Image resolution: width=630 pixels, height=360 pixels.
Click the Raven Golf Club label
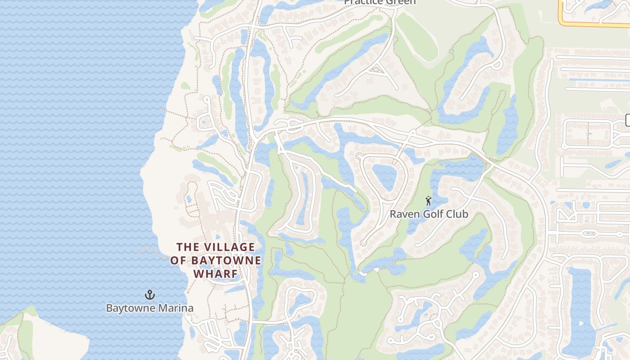428,214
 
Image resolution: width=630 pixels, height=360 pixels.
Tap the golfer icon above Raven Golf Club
428,201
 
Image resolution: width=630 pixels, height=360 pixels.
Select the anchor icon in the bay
149,295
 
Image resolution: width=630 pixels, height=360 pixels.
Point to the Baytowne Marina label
149,308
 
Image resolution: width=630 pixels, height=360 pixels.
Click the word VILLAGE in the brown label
229,247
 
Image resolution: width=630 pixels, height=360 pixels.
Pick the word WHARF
216,274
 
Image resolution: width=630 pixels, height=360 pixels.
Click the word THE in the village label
187,247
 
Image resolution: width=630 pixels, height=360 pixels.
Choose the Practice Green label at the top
380,2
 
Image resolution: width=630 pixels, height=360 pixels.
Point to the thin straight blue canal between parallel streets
598,80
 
